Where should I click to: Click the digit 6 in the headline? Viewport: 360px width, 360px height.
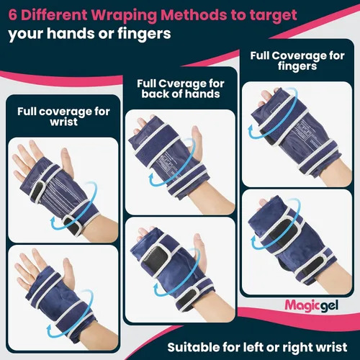point(13,15)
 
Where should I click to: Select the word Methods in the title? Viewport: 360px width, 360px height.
point(194,15)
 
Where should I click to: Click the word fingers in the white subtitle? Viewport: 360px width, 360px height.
point(144,34)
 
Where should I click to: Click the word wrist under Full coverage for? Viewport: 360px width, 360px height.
point(64,122)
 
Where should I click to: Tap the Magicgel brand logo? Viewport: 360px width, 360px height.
point(312,306)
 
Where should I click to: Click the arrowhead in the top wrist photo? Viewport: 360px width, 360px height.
point(53,220)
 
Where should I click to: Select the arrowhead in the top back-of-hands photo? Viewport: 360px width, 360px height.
point(152,178)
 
